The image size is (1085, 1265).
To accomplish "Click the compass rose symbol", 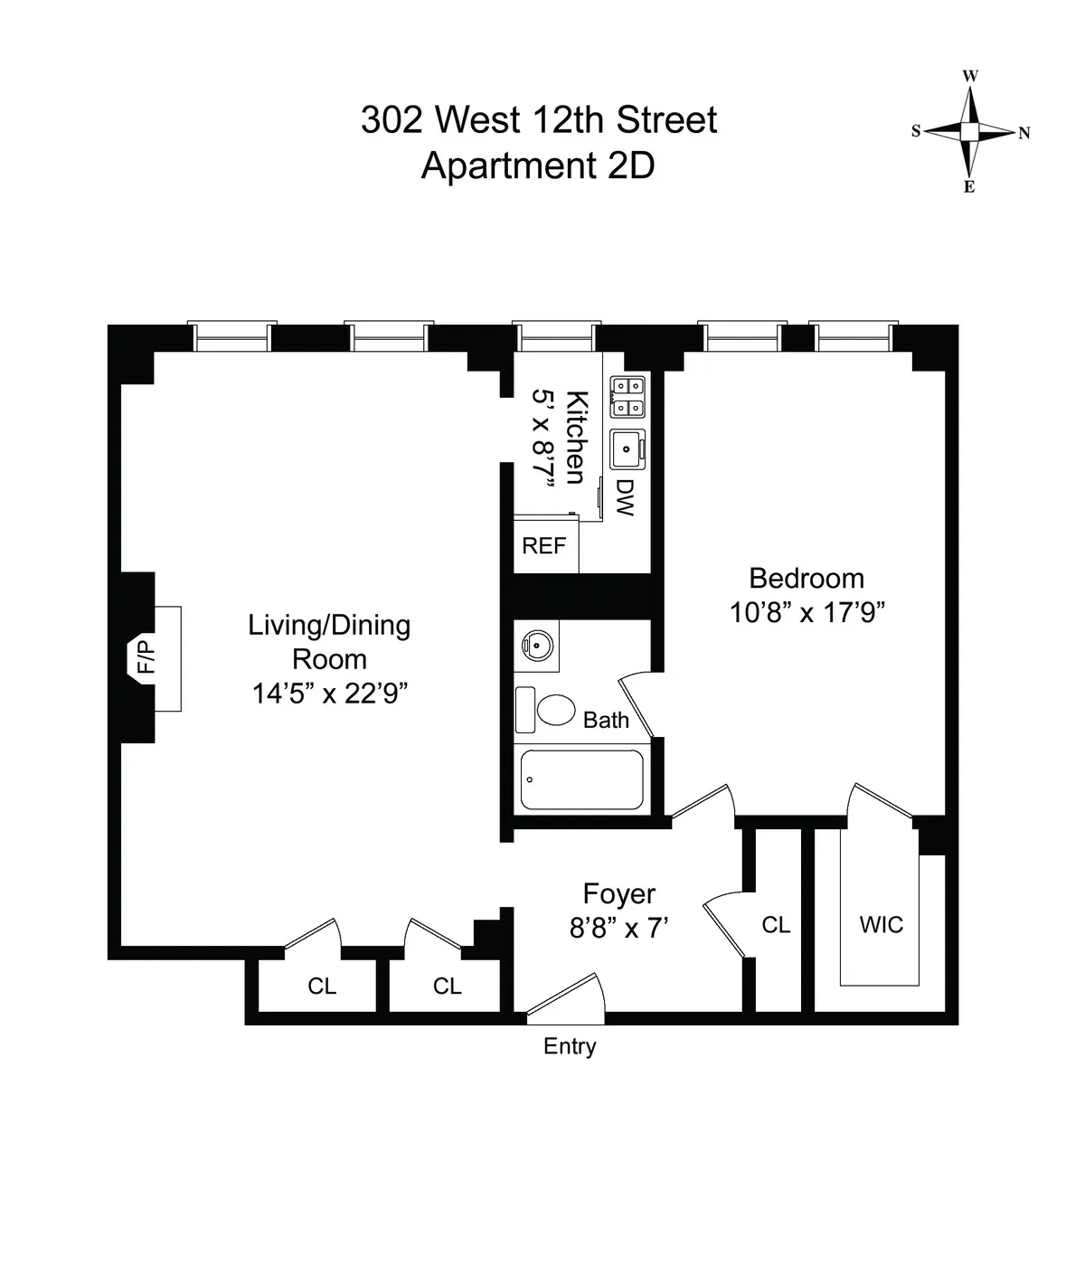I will coord(969,132).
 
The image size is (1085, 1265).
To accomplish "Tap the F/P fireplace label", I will coord(145,657).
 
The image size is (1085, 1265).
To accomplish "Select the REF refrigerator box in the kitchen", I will coord(545,545).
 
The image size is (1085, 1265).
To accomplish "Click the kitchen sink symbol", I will coord(627,448).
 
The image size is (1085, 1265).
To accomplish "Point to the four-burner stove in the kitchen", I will coord(628,396).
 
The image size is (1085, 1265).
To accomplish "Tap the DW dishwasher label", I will coord(624,497).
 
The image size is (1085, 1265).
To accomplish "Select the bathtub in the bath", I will coord(581,779).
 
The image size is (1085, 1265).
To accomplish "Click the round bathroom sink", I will coord(535,646).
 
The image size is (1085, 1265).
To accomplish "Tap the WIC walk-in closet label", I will coord(881,925).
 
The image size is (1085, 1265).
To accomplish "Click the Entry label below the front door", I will coord(570,1046).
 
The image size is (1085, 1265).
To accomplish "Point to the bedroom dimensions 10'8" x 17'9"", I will coord(807,612).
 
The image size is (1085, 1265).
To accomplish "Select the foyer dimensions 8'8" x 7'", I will coord(618,928).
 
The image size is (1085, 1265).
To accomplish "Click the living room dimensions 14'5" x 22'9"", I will coord(329,694).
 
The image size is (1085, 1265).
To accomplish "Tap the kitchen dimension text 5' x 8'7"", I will coord(542,439).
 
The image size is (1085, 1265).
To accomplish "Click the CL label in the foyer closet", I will coord(776,925).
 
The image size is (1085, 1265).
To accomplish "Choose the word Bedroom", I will coord(807,578).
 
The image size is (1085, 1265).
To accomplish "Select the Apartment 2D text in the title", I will coord(538,165).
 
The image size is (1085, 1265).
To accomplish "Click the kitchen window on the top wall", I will coord(556,336).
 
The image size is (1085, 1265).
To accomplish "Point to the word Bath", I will coord(606,720).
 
